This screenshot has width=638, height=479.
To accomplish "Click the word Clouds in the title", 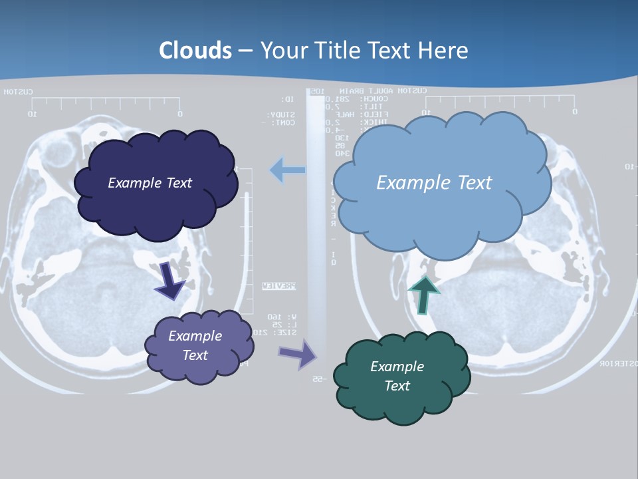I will coord(195,51).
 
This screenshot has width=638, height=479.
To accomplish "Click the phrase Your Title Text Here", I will coord(364,51).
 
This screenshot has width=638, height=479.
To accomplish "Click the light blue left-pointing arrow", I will coord(287,170).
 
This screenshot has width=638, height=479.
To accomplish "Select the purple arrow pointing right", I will coord(298,354).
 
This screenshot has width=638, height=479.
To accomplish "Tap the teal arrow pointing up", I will coord(423,294).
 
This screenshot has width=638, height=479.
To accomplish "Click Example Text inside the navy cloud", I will coord(150,183).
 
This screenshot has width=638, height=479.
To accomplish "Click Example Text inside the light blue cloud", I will coord(434,183).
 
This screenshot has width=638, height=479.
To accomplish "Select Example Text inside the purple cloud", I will coord(195,345).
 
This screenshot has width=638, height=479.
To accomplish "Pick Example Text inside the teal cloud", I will coord(397,376).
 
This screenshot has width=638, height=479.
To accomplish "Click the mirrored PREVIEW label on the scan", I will coord(278,286).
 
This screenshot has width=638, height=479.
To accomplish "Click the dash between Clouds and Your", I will coord(245,51).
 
